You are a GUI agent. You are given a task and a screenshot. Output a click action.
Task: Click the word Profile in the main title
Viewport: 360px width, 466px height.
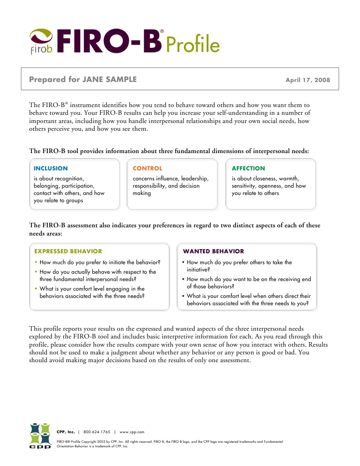coord(193,45)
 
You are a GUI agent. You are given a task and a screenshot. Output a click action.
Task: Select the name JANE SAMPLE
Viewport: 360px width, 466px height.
coord(109,79)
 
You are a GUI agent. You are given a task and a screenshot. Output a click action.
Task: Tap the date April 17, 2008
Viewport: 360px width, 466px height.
coord(308,80)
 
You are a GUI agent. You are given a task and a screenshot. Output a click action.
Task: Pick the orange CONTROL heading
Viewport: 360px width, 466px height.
coord(147,169)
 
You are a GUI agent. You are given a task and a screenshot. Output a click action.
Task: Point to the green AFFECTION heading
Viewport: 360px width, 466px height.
coord(248,169)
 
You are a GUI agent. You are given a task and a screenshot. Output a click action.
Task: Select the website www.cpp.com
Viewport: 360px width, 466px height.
coord(132,432)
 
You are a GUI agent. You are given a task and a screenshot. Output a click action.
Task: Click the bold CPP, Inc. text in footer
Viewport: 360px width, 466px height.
coord(66,432)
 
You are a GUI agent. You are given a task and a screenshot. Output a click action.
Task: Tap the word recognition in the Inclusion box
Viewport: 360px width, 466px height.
coord(69,179)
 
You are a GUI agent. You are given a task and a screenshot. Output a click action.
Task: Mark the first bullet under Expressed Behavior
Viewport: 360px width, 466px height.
coord(36,262)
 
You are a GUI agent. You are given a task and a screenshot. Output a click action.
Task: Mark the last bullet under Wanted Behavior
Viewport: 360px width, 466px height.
coord(183,296)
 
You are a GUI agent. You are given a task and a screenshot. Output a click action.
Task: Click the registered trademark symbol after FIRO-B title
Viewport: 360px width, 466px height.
coord(162,31)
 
